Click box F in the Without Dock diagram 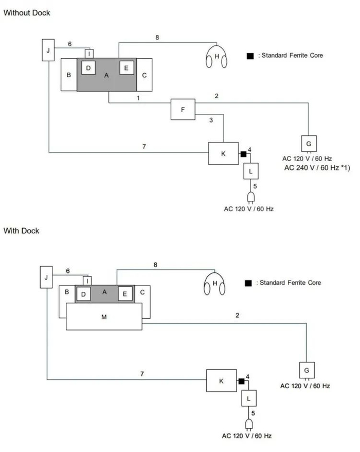tap(184, 110)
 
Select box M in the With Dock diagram tap(104, 317)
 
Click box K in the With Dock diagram tap(221, 381)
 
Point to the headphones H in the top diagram tap(217, 57)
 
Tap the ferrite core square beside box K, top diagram tap(243, 153)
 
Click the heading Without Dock tap(27, 12)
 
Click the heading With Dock tap(21, 230)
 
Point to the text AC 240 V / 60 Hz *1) tap(317, 168)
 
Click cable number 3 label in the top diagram tap(211, 120)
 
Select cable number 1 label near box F tap(138, 97)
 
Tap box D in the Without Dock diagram tap(88, 67)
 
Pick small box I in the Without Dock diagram tap(89, 53)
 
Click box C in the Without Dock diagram tap(144, 75)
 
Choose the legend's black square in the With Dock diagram tap(248, 283)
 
